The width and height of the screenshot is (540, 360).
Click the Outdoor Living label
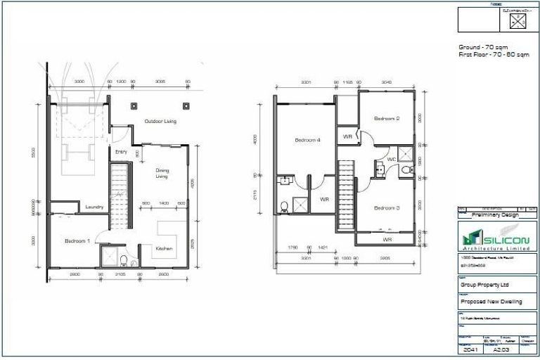pyautogui.click(x=160, y=122)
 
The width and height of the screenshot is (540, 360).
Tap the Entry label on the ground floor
pyautogui.click(x=120, y=151)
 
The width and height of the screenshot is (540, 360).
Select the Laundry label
pyautogui.click(x=95, y=207)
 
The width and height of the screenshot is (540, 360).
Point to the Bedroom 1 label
pyautogui.click(x=77, y=241)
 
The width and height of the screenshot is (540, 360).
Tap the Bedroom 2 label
pyautogui.click(x=387, y=118)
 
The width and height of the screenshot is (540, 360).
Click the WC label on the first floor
pyautogui.click(x=392, y=160)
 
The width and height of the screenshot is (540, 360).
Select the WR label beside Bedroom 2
pyautogui.click(x=347, y=136)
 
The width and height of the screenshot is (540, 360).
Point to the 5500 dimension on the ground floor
pyautogui.click(x=43, y=151)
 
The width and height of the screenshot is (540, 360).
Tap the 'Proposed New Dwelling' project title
pyautogui.click(x=491, y=302)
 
